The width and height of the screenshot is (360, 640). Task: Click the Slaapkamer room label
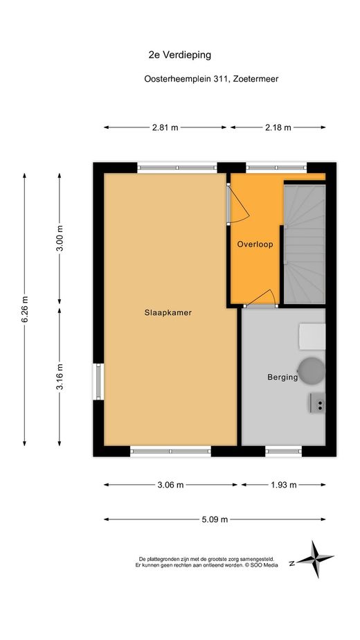tap(168, 313)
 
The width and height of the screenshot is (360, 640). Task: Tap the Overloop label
tap(255, 245)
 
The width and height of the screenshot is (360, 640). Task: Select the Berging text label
tap(282, 377)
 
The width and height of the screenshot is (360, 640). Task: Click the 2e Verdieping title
tap(179, 55)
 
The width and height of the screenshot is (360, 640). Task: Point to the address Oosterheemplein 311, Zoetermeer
tap(211, 79)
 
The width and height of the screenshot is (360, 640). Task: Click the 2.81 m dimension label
tap(165, 127)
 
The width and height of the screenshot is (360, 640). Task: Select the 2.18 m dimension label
tap(278, 127)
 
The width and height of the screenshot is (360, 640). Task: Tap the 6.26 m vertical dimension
tap(24, 310)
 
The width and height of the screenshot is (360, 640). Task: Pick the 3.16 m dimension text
tap(60, 376)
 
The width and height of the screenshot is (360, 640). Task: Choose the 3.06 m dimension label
tap(170, 485)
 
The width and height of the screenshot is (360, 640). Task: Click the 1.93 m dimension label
tap(283, 485)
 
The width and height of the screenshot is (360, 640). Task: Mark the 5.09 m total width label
tap(215, 519)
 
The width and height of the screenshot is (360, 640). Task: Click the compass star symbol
tap(315, 560)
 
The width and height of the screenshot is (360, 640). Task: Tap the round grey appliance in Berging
tap(312, 371)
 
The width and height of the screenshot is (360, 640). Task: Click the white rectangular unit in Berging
tap(312, 337)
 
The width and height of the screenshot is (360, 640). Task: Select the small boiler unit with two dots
tap(317, 403)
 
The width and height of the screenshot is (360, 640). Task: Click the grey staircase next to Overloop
tap(305, 244)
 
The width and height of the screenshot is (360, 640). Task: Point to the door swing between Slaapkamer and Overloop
tap(238, 204)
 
